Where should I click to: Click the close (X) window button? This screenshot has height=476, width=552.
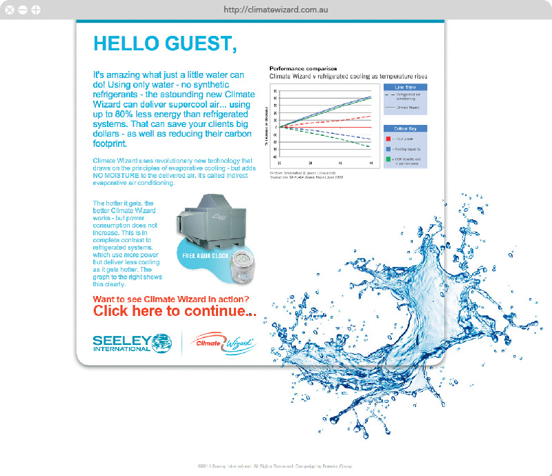[10, 10]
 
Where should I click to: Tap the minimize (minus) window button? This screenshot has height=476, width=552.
[23, 10]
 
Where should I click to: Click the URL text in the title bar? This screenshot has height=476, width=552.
[276, 10]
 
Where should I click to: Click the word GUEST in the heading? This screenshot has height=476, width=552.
[201, 43]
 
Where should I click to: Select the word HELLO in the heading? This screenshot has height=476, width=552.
[126, 43]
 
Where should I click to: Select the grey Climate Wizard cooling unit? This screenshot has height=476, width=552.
[207, 219]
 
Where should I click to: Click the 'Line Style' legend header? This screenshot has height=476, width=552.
[404, 88]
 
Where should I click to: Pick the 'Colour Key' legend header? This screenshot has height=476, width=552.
[404, 129]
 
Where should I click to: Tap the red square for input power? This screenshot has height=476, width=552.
[388, 138]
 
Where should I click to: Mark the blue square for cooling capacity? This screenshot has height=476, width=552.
[388, 148]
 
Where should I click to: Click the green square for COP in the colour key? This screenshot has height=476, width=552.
[388, 159]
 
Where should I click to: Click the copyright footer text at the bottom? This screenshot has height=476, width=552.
[275, 466]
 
